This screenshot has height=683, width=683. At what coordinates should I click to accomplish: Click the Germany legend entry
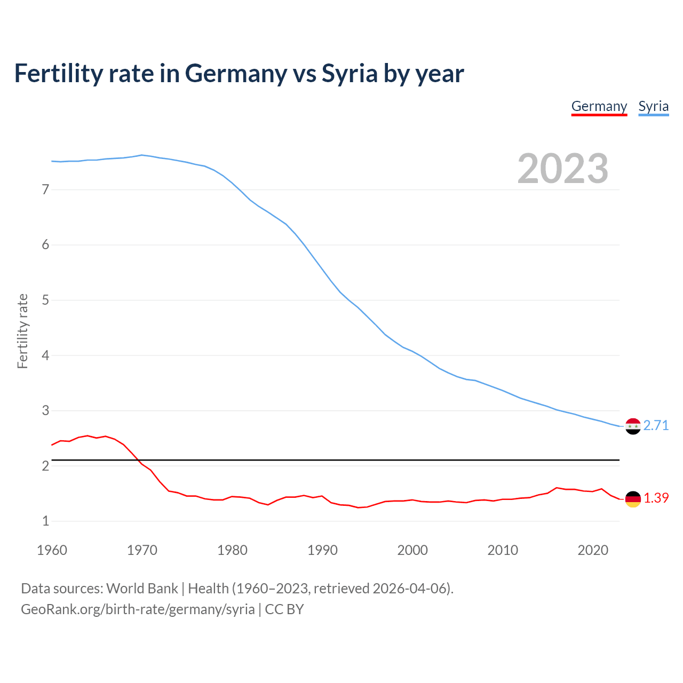click(x=599, y=106)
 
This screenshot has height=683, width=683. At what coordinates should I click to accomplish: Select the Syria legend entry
click(x=653, y=106)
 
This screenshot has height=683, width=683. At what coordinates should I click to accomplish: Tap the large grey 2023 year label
click(x=562, y=169)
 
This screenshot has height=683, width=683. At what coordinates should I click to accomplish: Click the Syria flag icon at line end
click(x=632, y=426)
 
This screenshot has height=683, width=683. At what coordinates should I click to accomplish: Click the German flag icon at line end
click(x=632, y=498)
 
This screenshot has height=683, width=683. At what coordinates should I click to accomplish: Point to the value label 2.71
click(x=656, y=425)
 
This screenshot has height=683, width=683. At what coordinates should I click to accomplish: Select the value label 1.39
click(x=656, y=498)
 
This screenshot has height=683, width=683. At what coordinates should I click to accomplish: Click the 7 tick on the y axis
click(x=45, y=189)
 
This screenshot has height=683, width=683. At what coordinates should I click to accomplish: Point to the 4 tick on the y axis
click(x=45, y=355)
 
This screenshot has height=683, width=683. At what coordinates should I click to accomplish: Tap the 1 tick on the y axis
click(x=45, y=521)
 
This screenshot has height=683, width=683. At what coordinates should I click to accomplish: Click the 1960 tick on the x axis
click(x=52, y=550)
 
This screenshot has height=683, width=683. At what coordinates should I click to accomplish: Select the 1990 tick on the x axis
click(x=322, y=550)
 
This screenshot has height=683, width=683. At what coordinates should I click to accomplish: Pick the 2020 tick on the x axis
click(x=593, y=550)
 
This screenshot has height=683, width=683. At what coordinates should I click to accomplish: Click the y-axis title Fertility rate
click(x=22, y=331)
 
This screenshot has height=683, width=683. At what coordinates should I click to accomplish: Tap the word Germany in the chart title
click(x=236, y=73)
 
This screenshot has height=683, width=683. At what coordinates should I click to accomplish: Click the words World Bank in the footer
click(x=142, y=589)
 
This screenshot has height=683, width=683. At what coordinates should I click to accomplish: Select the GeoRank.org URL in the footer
click(x=138, y=609)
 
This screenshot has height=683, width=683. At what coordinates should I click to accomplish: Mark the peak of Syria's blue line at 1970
click(x=141, y=155)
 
